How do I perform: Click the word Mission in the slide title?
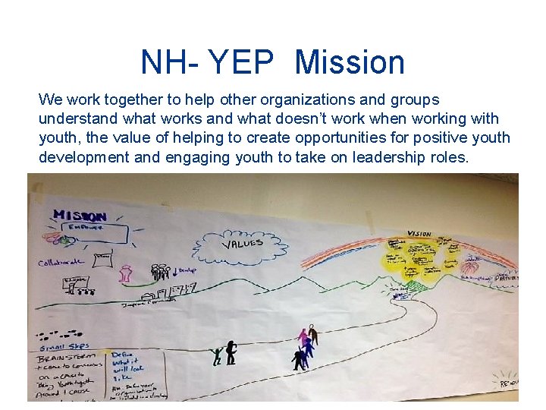click(350, 62)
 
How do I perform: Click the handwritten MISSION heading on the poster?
click(80, 215)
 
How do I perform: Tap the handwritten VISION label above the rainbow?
click(419, 233)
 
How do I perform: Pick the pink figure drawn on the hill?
click(126, 273)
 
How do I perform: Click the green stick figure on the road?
click(218, 355)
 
